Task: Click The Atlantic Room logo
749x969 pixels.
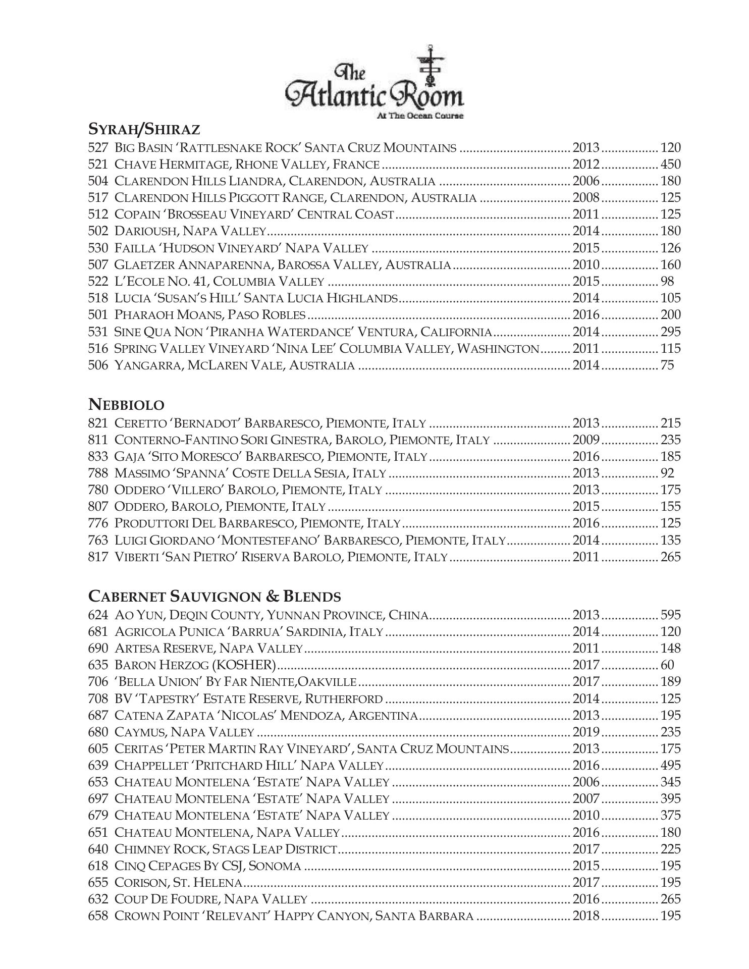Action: tap(374, 83)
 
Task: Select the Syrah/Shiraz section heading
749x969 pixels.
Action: tap(144, 130)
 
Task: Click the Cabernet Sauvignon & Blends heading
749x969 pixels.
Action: tap(215, 597)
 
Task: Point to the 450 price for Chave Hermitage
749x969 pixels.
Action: tap(670, 165)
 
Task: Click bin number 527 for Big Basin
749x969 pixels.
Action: tap(98, 148)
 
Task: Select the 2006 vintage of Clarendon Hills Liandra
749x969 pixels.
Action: tap(585, 181)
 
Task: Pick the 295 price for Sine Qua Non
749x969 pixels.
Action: tap(670, 332)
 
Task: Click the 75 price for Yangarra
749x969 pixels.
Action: tap(667, 365)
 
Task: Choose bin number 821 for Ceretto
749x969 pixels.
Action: tap(98, 423)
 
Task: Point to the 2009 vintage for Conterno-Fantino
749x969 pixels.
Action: tap(585, 440)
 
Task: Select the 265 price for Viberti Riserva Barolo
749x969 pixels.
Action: tap(670, 557)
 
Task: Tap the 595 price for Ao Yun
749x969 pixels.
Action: tap(670, 615)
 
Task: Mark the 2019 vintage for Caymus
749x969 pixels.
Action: tap(585, 732)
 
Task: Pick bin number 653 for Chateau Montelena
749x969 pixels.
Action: tap(98, 782)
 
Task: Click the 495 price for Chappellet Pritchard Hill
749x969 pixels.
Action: tap(670, 766)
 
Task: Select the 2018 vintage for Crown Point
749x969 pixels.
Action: tap(585, 916)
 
